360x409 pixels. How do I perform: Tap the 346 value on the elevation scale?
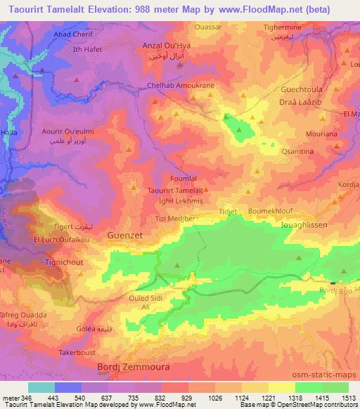(x=26, y=398)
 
